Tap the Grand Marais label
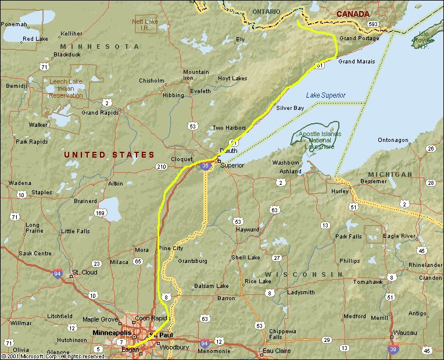(x=356, y=61)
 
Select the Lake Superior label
(x=325, y=95)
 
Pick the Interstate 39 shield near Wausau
(x=393, y=348)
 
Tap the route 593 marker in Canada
(x=373, y=24)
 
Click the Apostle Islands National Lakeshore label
(x=320, y=140)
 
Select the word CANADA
(x=353, y=13)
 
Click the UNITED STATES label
(x=109, y=155)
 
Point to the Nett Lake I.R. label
(x=145, y=24)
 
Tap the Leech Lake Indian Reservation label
(x=66, y=88)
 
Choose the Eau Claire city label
(x=275, y=351)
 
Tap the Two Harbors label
(x=225, y=128)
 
